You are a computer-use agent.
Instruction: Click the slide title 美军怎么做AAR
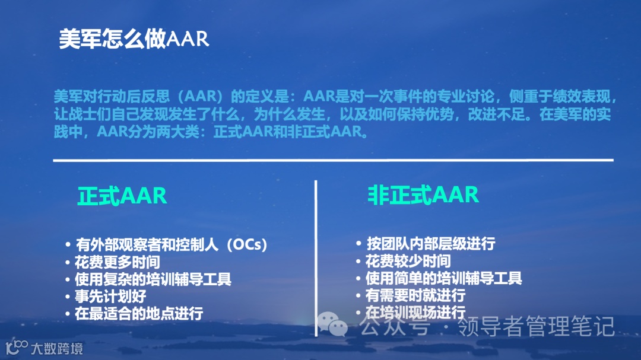pos(134,39)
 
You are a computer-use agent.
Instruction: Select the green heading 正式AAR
pos(122,196)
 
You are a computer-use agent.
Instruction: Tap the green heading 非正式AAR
pos(423,195)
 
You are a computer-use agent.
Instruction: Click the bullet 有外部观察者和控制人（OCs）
pos(171,244)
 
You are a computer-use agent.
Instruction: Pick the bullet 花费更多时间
pos(117,262)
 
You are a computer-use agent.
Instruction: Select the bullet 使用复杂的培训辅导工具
pos(153,279)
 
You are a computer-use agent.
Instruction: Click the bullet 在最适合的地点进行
pos(138,313)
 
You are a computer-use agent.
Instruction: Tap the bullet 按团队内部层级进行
pos(430,244)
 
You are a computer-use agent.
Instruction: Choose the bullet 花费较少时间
pos(408,261)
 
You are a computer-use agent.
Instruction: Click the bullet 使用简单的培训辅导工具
pos(443,278)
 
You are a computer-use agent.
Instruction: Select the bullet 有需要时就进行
pos(415,295)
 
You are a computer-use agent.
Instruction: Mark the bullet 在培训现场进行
pos(415,313)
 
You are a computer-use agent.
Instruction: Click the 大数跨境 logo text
pos(57,348)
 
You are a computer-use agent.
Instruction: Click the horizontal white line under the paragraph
pos(332,160)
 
